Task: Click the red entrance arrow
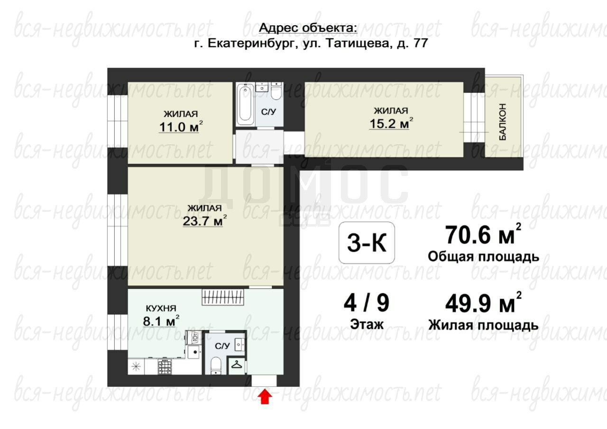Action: (x=265, y=397)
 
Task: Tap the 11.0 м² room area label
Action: (x=181, y=127)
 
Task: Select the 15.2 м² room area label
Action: (x=391, y=123)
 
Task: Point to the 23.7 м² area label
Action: (x=204, y=220)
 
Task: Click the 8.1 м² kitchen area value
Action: (x=161, y=320)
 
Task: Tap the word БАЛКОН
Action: (x=502, y=122)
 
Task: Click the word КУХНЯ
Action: (x=161, y=308)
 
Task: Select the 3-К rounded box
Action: (x=367, y=243)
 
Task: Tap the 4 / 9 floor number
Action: (x=367, y=303)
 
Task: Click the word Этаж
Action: (x=367, y=324)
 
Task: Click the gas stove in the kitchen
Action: (x=165, y=367)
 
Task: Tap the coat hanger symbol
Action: (x=237, y=365)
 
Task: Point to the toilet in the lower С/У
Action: (x=216, y=365)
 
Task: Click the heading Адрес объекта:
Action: (x=308, y=28)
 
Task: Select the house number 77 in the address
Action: (x=421, y=43)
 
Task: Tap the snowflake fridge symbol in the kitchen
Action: (x=136, y=367)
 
